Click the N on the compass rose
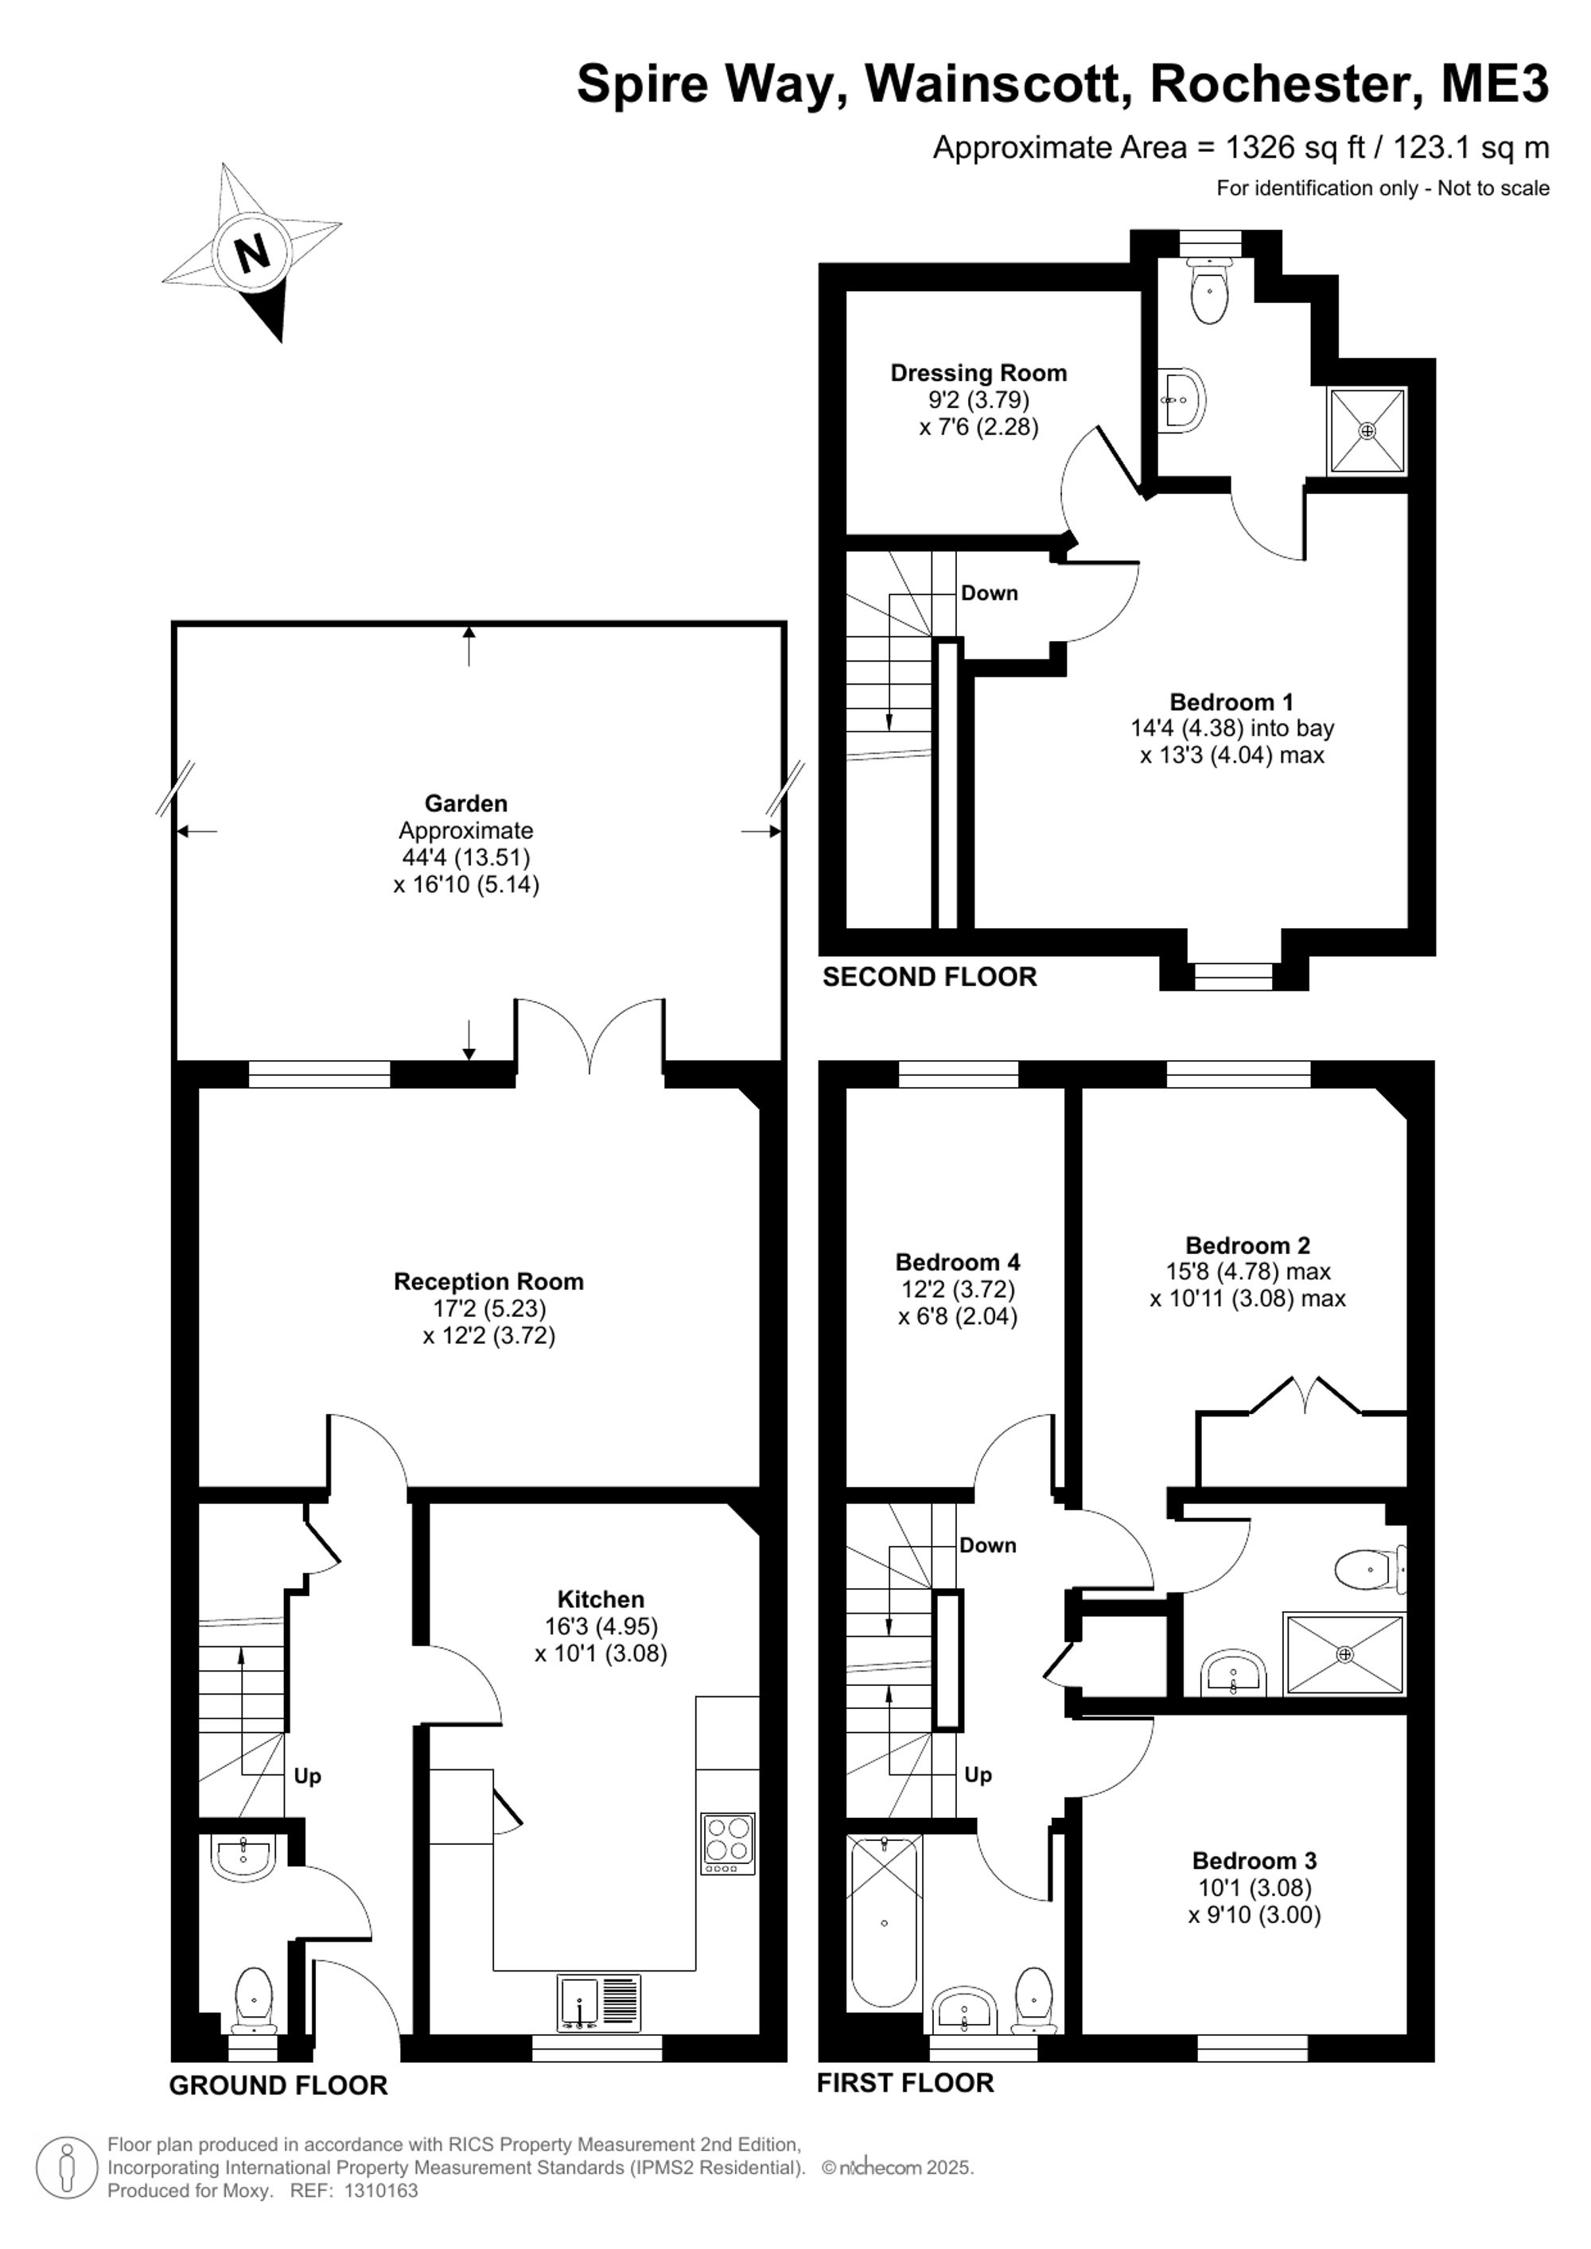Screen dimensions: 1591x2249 click(x=254, y=254)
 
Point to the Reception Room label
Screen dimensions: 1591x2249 click(x=489, y=1281)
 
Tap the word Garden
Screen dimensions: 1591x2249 click(x=465, y=803)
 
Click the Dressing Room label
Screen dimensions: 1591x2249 click(x=978, y=372)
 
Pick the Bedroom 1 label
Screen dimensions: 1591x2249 click(x=1231, y=701)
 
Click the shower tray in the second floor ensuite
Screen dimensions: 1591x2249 click(x=1367, y=431)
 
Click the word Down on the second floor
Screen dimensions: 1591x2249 click(x=990, y=592)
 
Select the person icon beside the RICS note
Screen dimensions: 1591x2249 click(x=67, y=2167)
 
